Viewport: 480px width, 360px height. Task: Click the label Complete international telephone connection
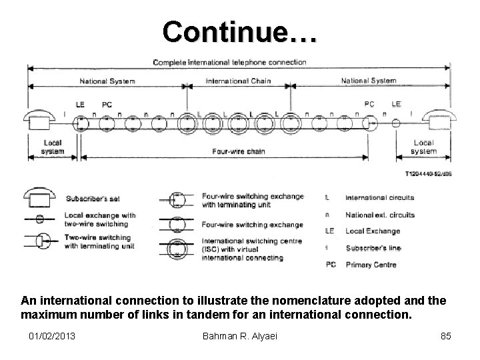[x=229, y=63]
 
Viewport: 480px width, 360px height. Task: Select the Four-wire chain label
[x=238, y=151]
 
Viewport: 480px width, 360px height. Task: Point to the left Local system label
[x=53, y=147]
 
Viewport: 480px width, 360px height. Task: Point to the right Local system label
[x=423, y=147]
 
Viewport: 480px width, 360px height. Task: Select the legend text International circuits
[x=379, y=198]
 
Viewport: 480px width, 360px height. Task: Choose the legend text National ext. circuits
[x=380, y=215]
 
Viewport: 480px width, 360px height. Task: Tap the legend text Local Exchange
[x=373, y=231]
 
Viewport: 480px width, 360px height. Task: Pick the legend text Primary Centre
[x=371, y=265]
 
